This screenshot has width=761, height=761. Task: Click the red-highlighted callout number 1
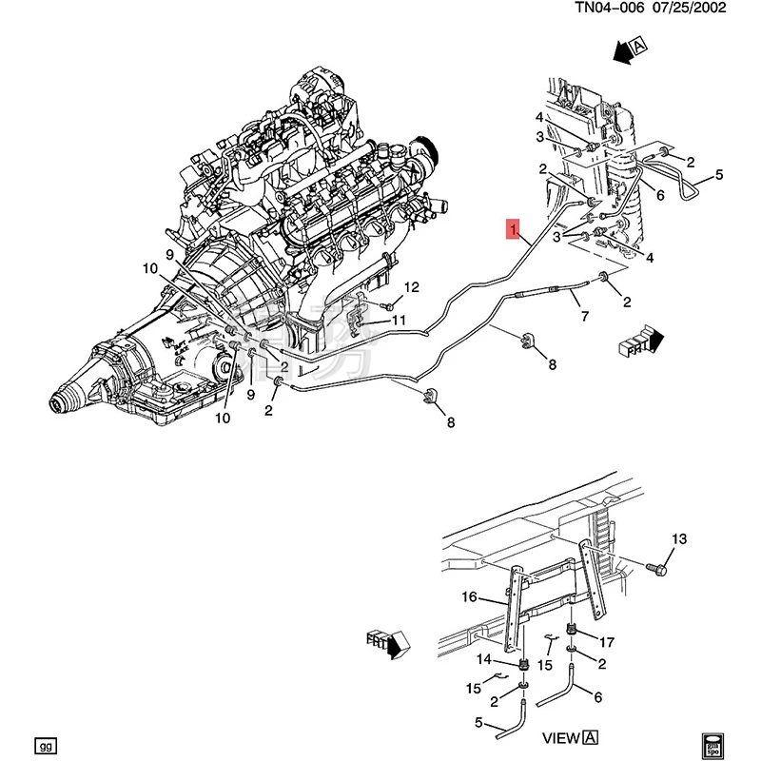(x=513, y=229)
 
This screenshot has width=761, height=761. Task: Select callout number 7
(x=584, y=316)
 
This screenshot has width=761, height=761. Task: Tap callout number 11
(x=400, y=320)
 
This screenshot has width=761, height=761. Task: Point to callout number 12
(x=411, y=287)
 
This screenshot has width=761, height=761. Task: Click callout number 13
(x=677, y=540)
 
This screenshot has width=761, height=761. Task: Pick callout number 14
(x=483, y=659)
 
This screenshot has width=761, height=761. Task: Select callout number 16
(x=469, y=597)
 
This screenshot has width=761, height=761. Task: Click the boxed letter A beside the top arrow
(x=638, y=45)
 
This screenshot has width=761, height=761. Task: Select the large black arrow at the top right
(x=619, y=51)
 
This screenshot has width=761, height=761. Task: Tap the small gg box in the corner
(x=43, y=743)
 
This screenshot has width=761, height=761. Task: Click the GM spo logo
(x=712, y=742)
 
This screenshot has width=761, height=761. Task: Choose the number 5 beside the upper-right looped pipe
(x=719, y=174)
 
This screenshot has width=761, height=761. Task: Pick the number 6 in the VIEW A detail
(x=597, y=697)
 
